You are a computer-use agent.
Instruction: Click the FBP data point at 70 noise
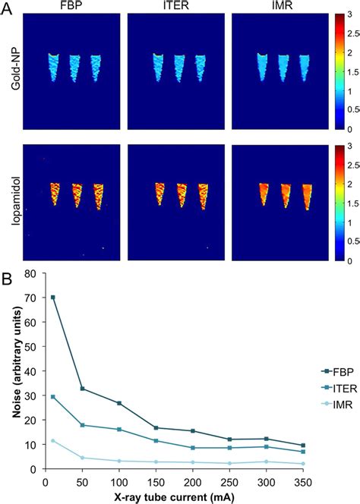pyautogui.click(x=53, y=297)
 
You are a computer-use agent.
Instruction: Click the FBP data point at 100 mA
pyautogui.click(x=119, y=403)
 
